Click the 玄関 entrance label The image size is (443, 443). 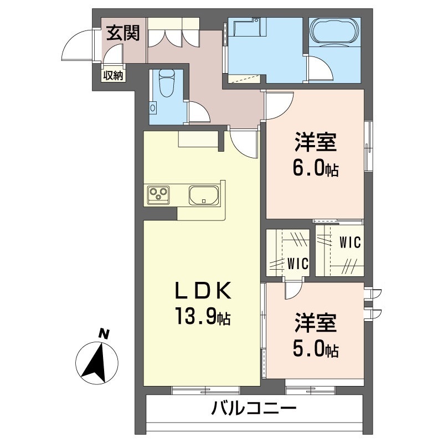click(x=123, y=33)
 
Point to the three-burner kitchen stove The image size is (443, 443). click(x=158, y=195)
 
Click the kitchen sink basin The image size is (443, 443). click(x=204, y=195)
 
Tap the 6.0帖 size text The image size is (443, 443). click(x=315, y=169)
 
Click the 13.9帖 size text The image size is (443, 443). click(x=203, y=317)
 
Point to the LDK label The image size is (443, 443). click(x=203, y=290)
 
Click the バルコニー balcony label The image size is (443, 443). click(x=254, y=408)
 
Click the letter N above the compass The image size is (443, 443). click(x=104, y=334)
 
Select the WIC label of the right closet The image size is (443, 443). click(x=351, y=242)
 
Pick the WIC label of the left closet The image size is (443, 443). click(x=298, y=264)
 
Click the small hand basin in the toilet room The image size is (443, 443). click(x=153, y=108)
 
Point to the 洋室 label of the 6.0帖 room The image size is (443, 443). click(x=316, y=142)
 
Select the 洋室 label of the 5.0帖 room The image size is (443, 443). click(x=316, y=322)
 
